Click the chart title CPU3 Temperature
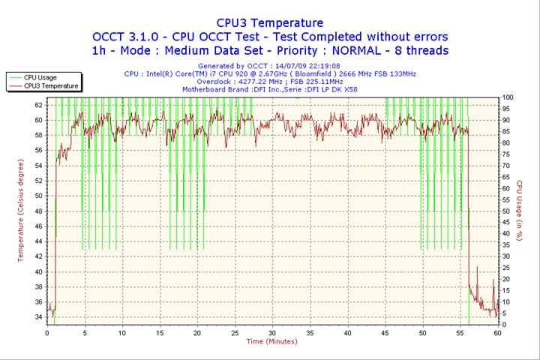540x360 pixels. pyautogui.click(x=270, y=23)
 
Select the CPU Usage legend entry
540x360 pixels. pyautogui.click(x=40, y=77)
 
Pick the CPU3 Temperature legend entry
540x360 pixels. pyautogui.click(x=50, y=85)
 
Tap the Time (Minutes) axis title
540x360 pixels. pyautogui.click(x=271, y=342)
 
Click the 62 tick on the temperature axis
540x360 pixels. pyautogui.click(x=39, y=104)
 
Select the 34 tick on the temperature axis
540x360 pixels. pyautogui.click(x=39, y=317)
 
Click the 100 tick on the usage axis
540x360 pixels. pyautogui.click(x=508, y=97)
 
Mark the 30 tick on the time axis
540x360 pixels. pyautogui.click(x=272, y=332)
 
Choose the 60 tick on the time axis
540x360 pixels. pyautogui.click(x=497, y=332)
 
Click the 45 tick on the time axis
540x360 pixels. pyautogui.click(x=385, y=332)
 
